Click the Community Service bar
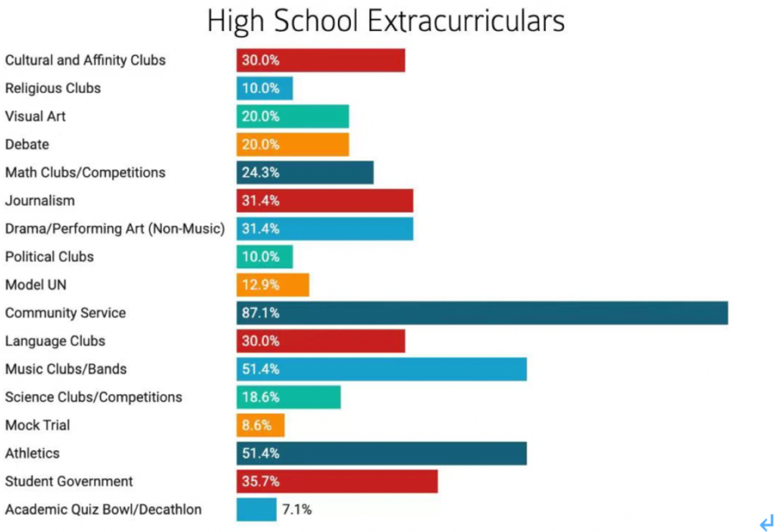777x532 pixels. (x=482, y=313)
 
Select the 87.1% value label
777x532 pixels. (x=260, y=313)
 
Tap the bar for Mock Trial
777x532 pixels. (x=260, y=425)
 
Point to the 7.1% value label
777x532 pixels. (x=296, y=510)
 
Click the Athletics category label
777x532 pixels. (x=32, y=454)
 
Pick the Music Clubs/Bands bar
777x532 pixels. (x=381, y=369)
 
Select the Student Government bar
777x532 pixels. (x=337, y=482)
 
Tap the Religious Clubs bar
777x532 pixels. (x=265, y=89)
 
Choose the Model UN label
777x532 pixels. (x=36, y=285)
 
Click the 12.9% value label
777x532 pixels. (x=260, y=285)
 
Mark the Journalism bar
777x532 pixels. (x=324, y=201)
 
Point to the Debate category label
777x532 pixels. (x=27, y=145)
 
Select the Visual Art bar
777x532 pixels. (x=293, y=117)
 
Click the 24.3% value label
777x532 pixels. (x=260, y=173)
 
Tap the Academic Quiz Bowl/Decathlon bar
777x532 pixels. (x=256, y=510)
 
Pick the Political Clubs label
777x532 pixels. (x=50, y=257)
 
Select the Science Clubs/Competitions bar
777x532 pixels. (x=288, y=397)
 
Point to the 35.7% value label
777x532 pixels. (x=260, y=482)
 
